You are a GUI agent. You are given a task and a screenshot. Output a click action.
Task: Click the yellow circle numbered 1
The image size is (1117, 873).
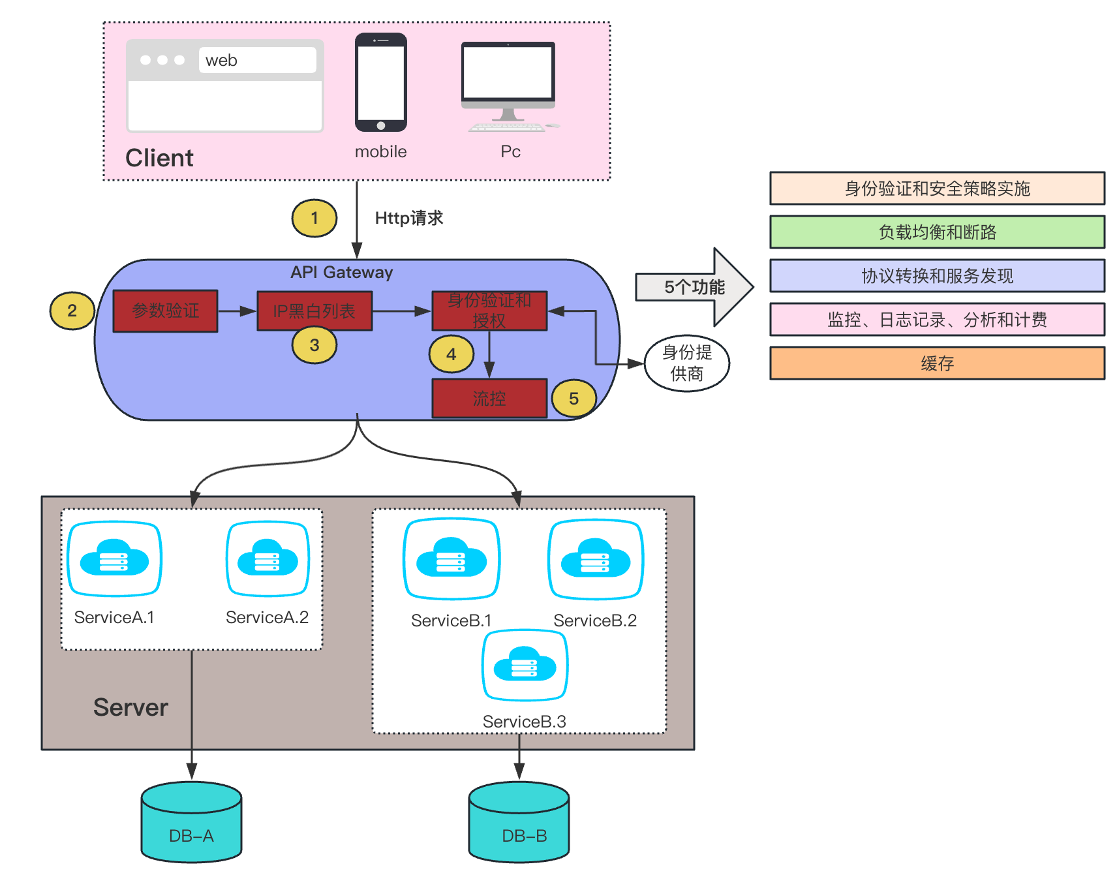[314, 218]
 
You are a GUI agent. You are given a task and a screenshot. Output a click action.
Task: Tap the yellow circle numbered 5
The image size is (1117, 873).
[574, 399]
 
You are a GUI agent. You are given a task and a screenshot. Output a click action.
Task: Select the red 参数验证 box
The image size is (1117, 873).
[166, 311]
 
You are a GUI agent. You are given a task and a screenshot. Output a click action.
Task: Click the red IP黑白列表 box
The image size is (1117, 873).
[314, 311]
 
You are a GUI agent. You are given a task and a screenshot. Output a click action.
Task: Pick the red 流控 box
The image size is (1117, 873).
[489, 398]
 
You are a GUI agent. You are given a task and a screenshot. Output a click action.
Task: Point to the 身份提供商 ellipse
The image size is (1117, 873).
[686, 363]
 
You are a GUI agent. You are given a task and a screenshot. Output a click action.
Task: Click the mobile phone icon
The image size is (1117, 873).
[381, 82]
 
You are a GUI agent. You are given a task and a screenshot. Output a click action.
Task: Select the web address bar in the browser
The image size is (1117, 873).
[257, 60]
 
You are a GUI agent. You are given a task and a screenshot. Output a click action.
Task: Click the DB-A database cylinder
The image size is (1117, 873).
[191, 822]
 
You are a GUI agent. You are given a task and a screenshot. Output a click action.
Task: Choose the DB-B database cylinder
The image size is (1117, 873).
[519, 822]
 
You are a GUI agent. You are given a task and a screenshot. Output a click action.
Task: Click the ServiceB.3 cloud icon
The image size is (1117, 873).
[525, 665]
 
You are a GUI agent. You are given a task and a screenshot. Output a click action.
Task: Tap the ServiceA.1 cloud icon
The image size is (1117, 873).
[114, 559]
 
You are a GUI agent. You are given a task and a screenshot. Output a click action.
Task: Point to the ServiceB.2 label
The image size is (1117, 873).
[595, 620]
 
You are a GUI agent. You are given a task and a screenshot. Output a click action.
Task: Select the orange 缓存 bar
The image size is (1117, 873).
[937, 363]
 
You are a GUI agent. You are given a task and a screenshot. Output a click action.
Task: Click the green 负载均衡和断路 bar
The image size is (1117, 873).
[937, 232]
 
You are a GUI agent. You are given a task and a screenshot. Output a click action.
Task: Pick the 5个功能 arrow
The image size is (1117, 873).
[694, 287]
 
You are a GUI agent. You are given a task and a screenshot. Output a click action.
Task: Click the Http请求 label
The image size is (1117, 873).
[409, 218]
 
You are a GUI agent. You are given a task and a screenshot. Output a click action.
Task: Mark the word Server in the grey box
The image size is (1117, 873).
[130, 707]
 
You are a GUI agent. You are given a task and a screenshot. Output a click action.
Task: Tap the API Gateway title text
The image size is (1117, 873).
[342, 272]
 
